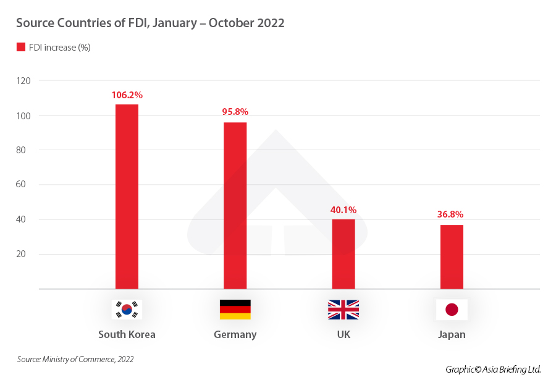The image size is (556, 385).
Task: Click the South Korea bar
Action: (x=127, y=197)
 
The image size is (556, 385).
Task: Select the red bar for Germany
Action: (x=235, y=205)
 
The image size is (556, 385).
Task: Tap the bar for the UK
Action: (x=343, y=254)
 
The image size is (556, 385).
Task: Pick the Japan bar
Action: (x=452, y=256)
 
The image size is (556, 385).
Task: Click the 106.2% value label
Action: (x=127, y=95)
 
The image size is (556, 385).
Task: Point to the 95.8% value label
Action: (x=235, y=112)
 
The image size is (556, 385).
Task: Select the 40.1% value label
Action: (x=343, y=210)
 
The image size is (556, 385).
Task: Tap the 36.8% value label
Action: (x=450, y=214)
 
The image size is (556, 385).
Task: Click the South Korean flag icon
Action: (x=127, y=310)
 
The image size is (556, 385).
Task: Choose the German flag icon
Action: (x=235, y=310)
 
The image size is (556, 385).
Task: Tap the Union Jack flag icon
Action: (x=343, y=310)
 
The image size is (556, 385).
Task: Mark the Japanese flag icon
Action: (x=452, y=310)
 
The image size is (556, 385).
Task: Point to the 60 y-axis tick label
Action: (x=26, y=185)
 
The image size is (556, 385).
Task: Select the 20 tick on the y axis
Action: (x=26, y=254)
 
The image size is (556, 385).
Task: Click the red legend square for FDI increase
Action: (x=20, y=47)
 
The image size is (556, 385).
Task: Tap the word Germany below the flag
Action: (x=235, y=334)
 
